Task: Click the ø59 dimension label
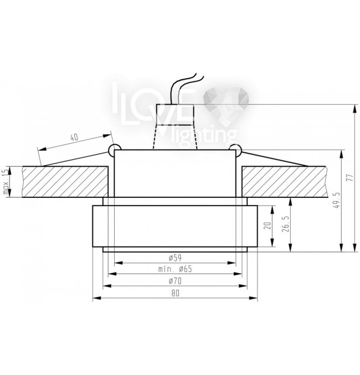point(175,258)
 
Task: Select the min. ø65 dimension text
point(175,269)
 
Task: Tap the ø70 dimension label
point(175,281)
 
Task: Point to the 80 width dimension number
point(175,293)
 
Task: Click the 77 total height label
point(349,178)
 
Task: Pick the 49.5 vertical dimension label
point(337,200)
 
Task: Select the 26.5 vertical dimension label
point(286,224)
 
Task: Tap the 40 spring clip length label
point(74,137)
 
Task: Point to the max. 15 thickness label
point(6,182)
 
